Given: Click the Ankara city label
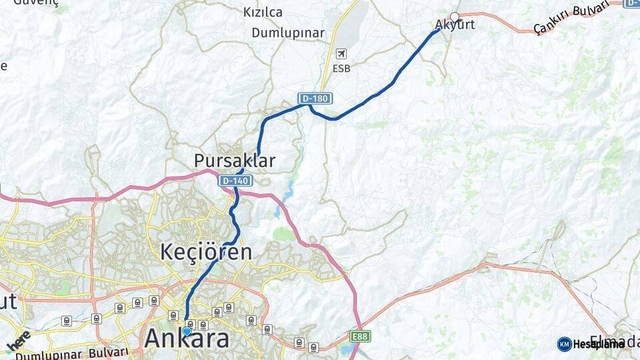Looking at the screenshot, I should coord(187,339).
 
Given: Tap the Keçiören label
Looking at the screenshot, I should coord(207,252).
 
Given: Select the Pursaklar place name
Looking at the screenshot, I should coord(235,161).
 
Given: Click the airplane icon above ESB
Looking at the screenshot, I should coord(341,53).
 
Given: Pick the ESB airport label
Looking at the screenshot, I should coord(341,68).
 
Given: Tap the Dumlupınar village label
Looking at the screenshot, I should coord(288,33).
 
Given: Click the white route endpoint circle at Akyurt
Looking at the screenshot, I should coord(455,17).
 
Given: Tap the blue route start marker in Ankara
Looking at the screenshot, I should coord(186,331).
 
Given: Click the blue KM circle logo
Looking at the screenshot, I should coord(564,344).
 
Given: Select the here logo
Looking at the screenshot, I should coord(18,340).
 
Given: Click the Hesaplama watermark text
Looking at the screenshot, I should coord(599,344).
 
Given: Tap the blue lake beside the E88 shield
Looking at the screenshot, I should coord(345,349).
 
